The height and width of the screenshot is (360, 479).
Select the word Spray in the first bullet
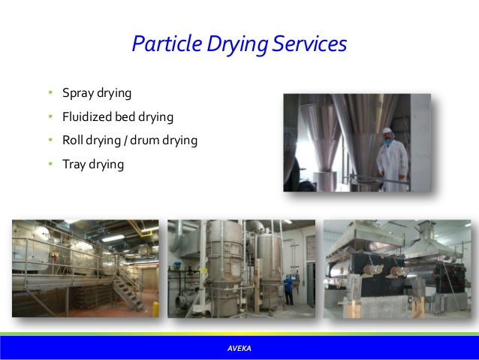click(x=74, y=93)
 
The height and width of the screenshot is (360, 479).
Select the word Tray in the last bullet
click(x=71, y=163)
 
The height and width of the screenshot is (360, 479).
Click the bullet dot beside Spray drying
click(x=47, y=94)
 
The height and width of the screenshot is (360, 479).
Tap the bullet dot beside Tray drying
click(x=47, y=164)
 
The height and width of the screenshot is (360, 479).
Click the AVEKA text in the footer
click(x=239, y=348)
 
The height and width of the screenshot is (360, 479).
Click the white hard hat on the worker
click(x=387, y=132)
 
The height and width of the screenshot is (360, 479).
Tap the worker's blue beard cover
click(x=387, y=141)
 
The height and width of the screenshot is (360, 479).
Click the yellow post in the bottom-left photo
click(x=155, y=309)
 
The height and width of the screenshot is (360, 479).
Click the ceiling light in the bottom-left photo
click(x=113, y=237)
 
